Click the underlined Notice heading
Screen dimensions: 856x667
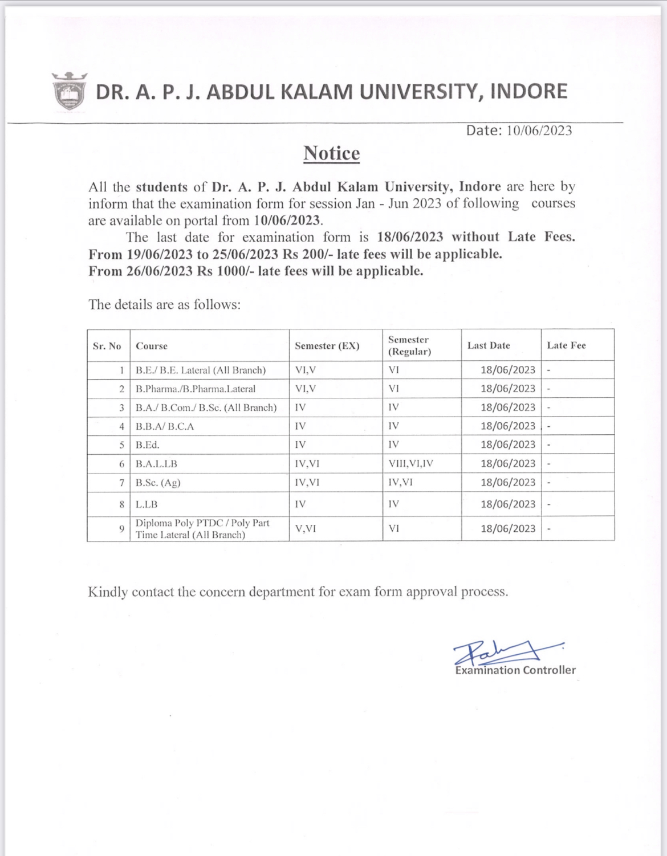point(331,153)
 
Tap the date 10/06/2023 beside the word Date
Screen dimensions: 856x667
point(539,131)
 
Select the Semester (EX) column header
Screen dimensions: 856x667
point(327,346)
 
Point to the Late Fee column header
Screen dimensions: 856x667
point(566,345)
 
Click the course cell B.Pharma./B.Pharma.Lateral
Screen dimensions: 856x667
point(196,389)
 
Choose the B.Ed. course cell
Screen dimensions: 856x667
point(148,445)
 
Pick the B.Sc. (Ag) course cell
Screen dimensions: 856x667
point(158,483)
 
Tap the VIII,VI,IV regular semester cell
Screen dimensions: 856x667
point(410,463)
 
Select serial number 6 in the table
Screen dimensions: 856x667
point(121,464)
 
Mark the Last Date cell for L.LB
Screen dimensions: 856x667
point(507,504)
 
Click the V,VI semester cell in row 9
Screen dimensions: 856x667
point(306,529)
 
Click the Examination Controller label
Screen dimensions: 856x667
point(515,671)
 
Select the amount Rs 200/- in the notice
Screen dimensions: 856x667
point(308,254)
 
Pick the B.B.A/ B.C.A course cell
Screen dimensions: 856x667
point(165,426)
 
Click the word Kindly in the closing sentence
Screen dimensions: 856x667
point(108,592)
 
